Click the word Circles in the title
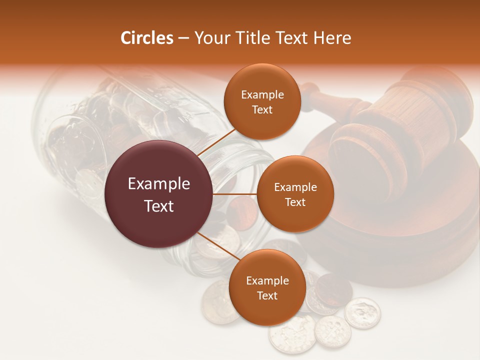pyautogui.click(x=147, y=38)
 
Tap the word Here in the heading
pyautogui.click(x=332, y=38)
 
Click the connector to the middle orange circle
pyautogui.click(x=235, y=194)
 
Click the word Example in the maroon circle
pyautogui.click(x=159, y=184)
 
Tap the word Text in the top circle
pyautogui.click(x=262, y=109)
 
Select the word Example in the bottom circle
pyautogui.click(x=267, y=280)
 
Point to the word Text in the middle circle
pyautogui.click(x=295, y=202)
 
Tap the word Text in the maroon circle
pyautogui.click(x=159, y=206)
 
